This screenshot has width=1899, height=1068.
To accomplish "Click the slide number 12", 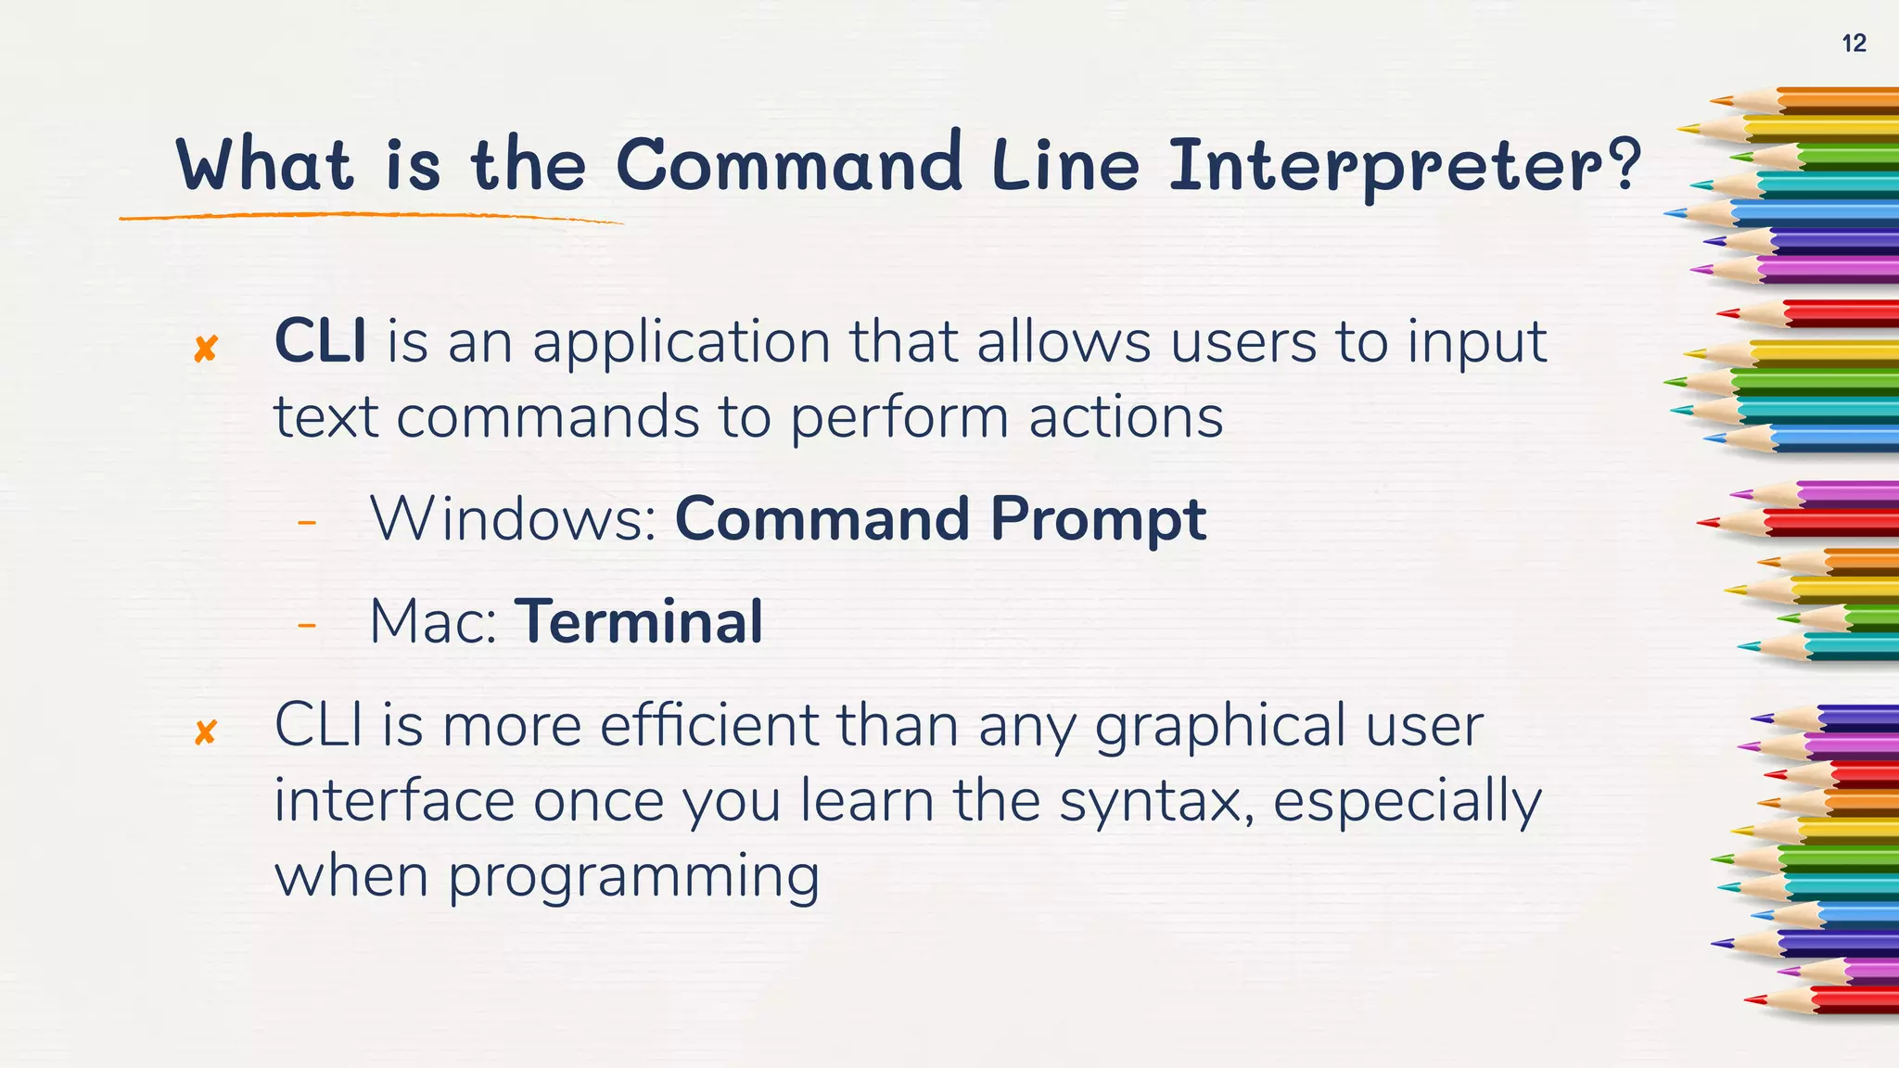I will (1853, 44).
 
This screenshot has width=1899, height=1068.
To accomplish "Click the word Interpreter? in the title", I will (1403, 166).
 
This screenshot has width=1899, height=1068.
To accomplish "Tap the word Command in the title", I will (788, 164).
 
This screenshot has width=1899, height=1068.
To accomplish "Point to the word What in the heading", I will (264, 165).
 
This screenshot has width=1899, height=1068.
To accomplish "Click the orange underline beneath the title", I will (371, 216).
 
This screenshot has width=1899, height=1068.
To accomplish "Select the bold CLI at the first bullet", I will (320, 341).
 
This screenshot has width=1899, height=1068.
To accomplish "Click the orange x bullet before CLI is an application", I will (206, 350).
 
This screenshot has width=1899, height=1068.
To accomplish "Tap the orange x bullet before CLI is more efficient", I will (206, 732).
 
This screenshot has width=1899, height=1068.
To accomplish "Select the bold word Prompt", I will (1098, 520).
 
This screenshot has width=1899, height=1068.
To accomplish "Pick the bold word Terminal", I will (639, 621).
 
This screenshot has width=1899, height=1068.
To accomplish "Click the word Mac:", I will (433, 622).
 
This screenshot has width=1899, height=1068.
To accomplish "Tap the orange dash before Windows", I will (307, 524).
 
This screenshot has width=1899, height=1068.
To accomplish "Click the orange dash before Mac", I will (307, 627).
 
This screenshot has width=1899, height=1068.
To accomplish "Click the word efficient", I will (708, 725).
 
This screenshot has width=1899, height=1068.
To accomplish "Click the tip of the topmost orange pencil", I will (1714, 99).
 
